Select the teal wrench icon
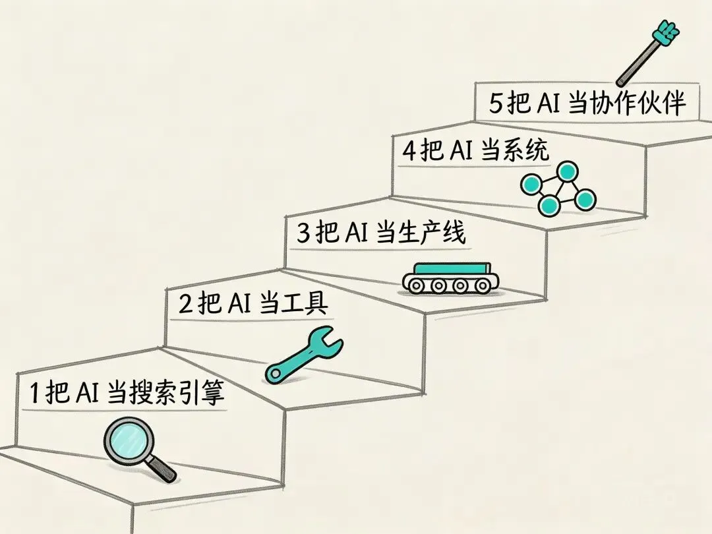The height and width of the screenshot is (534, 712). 305,357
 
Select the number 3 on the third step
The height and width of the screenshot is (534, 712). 303,234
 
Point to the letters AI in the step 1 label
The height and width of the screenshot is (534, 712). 86,394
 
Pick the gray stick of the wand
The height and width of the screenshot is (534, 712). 634,63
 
